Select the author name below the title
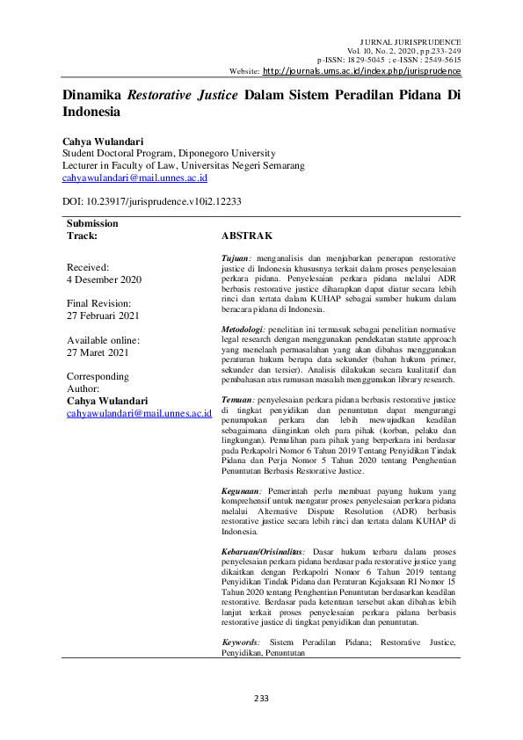[x=102, y=140]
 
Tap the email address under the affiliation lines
[x=134, y=177]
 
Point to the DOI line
[x=139, y=201]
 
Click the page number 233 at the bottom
[x=261, y=698]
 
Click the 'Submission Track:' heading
[x=94, y=230]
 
